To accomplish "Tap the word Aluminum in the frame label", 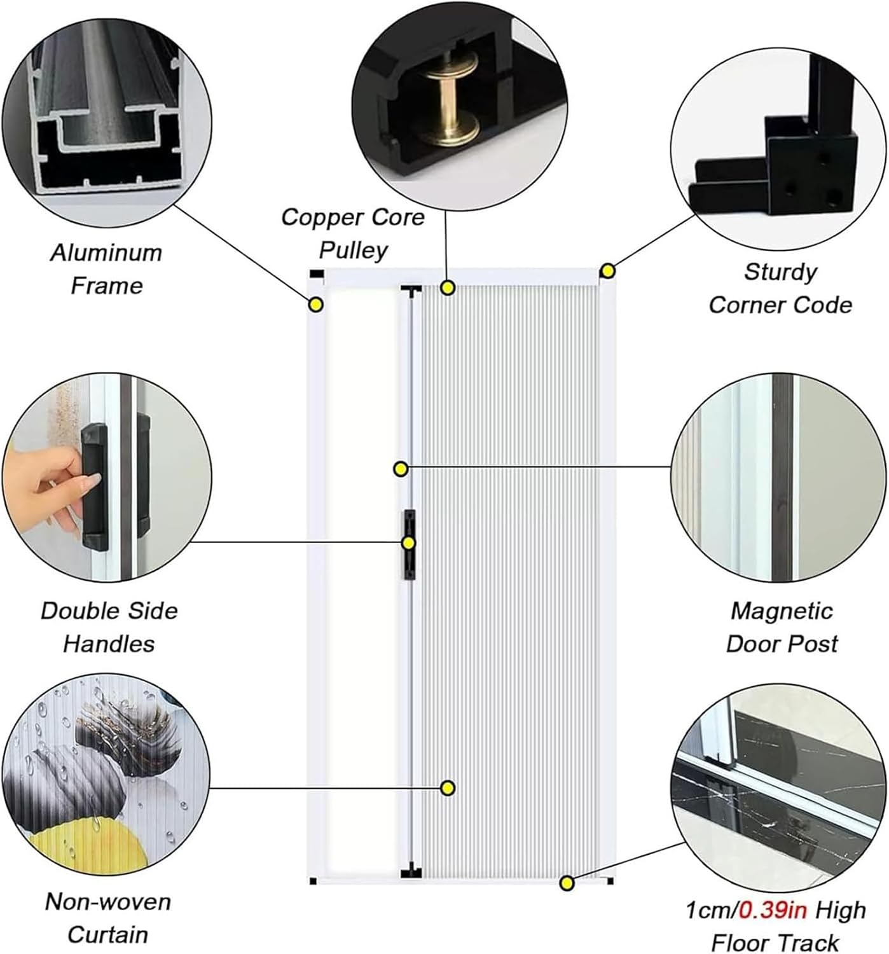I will coord(106,252).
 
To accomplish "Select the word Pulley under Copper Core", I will coord(353,250).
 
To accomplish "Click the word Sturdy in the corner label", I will coord(780,272).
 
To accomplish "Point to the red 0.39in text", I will coord(773,910).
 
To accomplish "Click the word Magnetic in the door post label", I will coord(781,611).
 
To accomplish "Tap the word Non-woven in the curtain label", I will coord(108,901).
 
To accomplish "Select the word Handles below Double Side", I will coord(109,644).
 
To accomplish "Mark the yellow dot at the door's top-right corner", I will coord(608,272).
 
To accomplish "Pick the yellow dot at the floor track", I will coord(567,883).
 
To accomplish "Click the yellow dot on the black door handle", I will coord(408,543).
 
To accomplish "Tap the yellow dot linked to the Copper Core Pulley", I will coord(448,288).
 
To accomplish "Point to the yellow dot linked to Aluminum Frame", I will coord(315,305).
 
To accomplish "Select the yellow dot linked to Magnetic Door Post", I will coord(401,469).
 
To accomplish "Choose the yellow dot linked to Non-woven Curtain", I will coord(448,788).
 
